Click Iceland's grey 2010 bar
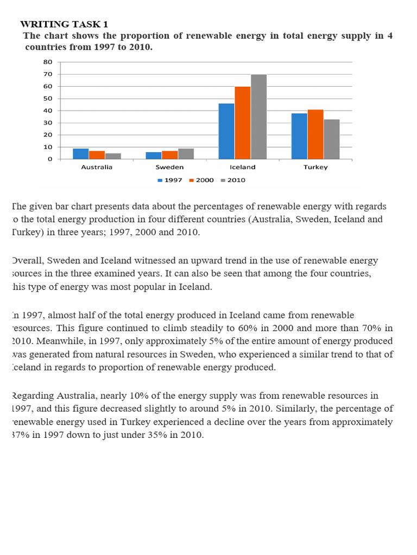click(258, 117)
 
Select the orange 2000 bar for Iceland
click(243, 123)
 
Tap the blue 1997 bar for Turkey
click(299, 136)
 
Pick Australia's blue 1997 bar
click(81, 154)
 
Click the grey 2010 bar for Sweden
click(186, 154)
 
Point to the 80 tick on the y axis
click(48, 62)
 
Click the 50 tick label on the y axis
click(48, 99)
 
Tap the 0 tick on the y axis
click(50, 159)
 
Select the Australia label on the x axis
click(97, 167)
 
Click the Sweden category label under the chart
click(169, 167)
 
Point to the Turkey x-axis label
click(315, 167)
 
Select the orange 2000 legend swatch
click(191, 180)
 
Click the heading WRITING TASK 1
click(64, 24)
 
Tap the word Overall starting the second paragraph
click(28, 261)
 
